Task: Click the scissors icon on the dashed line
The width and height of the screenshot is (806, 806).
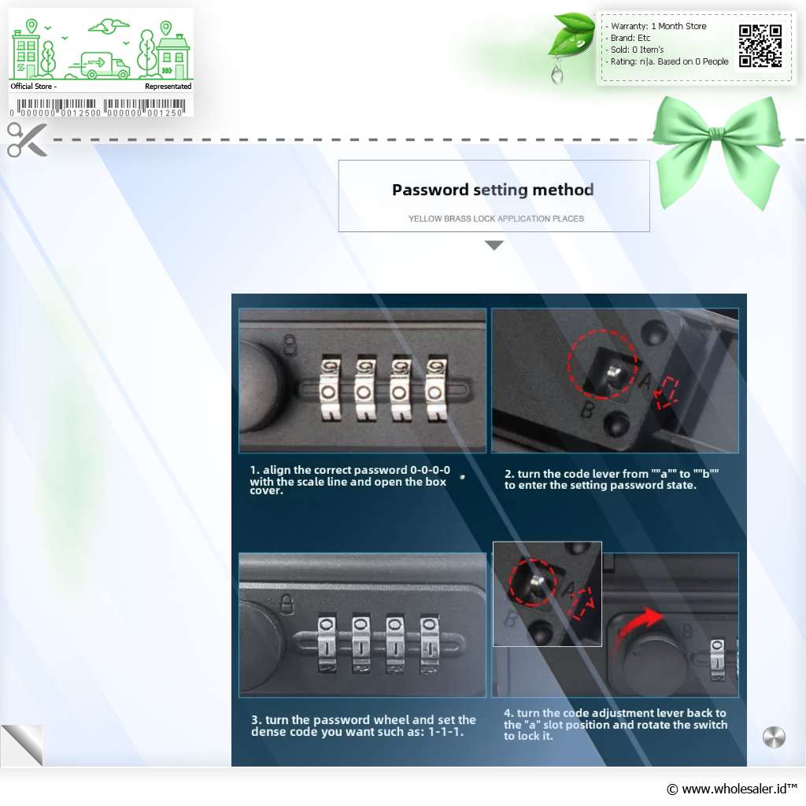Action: (27, 139)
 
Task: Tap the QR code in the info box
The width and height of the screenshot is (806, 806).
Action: (760, 46)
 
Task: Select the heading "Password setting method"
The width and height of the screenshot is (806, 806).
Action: (493, 190)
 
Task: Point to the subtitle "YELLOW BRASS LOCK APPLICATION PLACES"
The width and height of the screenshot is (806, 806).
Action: (496, 219)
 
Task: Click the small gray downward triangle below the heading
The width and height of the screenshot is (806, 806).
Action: (494, 246)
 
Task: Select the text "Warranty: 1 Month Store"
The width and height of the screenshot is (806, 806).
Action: (658, 26)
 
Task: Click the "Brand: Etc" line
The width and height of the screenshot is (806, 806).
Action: (630, 38)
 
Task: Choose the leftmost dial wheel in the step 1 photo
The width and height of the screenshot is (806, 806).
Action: (329, 387)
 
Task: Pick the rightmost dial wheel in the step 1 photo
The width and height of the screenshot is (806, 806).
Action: (436, 387)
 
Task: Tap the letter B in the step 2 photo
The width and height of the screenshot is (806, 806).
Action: (587, 409)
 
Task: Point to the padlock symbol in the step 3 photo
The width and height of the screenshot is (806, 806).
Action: (287, 604)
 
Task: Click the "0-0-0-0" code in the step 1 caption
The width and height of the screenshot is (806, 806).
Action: (430, 470)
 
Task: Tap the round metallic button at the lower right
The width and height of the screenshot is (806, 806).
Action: (774, 737)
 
